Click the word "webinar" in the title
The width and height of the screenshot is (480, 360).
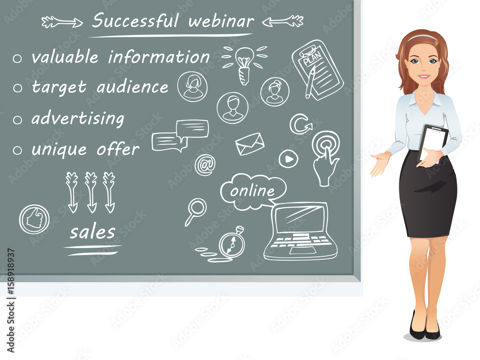click(221, 21)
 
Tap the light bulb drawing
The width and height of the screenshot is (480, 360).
click(244, 65)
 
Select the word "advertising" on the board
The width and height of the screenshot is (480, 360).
click(78, 119)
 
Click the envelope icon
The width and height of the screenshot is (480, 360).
click(250, 144)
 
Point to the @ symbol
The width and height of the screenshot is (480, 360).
click(205, 165)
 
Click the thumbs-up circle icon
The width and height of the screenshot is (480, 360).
click(34, 219)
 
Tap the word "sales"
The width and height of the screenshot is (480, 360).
click(93, 232)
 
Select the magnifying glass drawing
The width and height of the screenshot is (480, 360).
click(196, 212)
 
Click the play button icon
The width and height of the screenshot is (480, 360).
click(288, 159)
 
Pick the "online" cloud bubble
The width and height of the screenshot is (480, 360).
click(252, 192)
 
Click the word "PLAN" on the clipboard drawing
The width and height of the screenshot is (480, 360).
click(312, 58)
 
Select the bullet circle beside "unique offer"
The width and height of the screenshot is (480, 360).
click(17, 150)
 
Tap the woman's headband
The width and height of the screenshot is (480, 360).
click(423, 37)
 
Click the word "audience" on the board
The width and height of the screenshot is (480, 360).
click(132, 87)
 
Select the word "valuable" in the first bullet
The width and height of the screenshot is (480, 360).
click(65, 57)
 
